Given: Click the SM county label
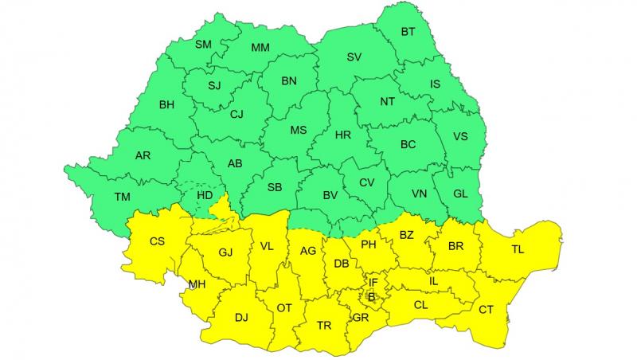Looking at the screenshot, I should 203,44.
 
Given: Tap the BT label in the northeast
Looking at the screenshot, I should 408,32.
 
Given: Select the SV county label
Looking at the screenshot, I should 354,57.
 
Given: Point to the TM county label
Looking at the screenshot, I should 122,197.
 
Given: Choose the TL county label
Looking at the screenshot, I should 518,250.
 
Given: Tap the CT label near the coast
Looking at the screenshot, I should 486,310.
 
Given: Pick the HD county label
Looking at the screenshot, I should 205,194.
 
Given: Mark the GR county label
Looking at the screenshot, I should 361,317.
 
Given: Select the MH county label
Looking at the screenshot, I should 196,284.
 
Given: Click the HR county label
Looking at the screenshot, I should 342,135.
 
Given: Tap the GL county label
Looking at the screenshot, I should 460,194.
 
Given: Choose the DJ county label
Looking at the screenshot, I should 241,317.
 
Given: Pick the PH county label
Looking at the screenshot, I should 368,245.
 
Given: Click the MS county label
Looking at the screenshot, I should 298,131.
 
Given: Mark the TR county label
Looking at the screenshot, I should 324,326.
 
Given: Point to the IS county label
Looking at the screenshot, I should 435,84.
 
